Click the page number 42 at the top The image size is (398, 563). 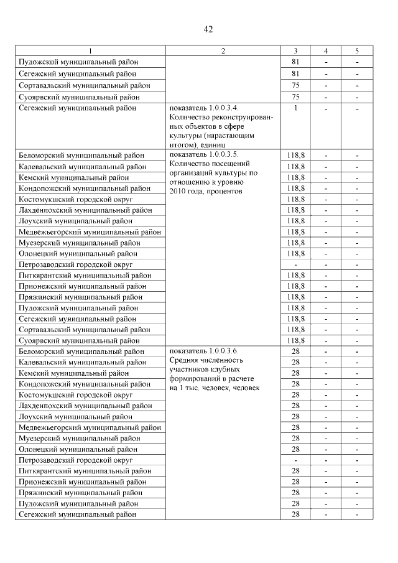click(208, 29)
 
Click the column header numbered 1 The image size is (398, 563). click(90, 51)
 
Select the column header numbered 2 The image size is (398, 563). click(223, 51)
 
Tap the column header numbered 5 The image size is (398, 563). click(357, 51)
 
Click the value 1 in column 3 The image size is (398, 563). click(296, 108)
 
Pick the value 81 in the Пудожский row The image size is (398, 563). click(296, 62)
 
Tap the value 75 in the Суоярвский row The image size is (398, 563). click(296, 96)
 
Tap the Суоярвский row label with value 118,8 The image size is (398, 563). click(79, 340)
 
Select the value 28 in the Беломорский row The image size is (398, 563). click(296, 351)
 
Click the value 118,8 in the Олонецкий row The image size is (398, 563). click(296, 253)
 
